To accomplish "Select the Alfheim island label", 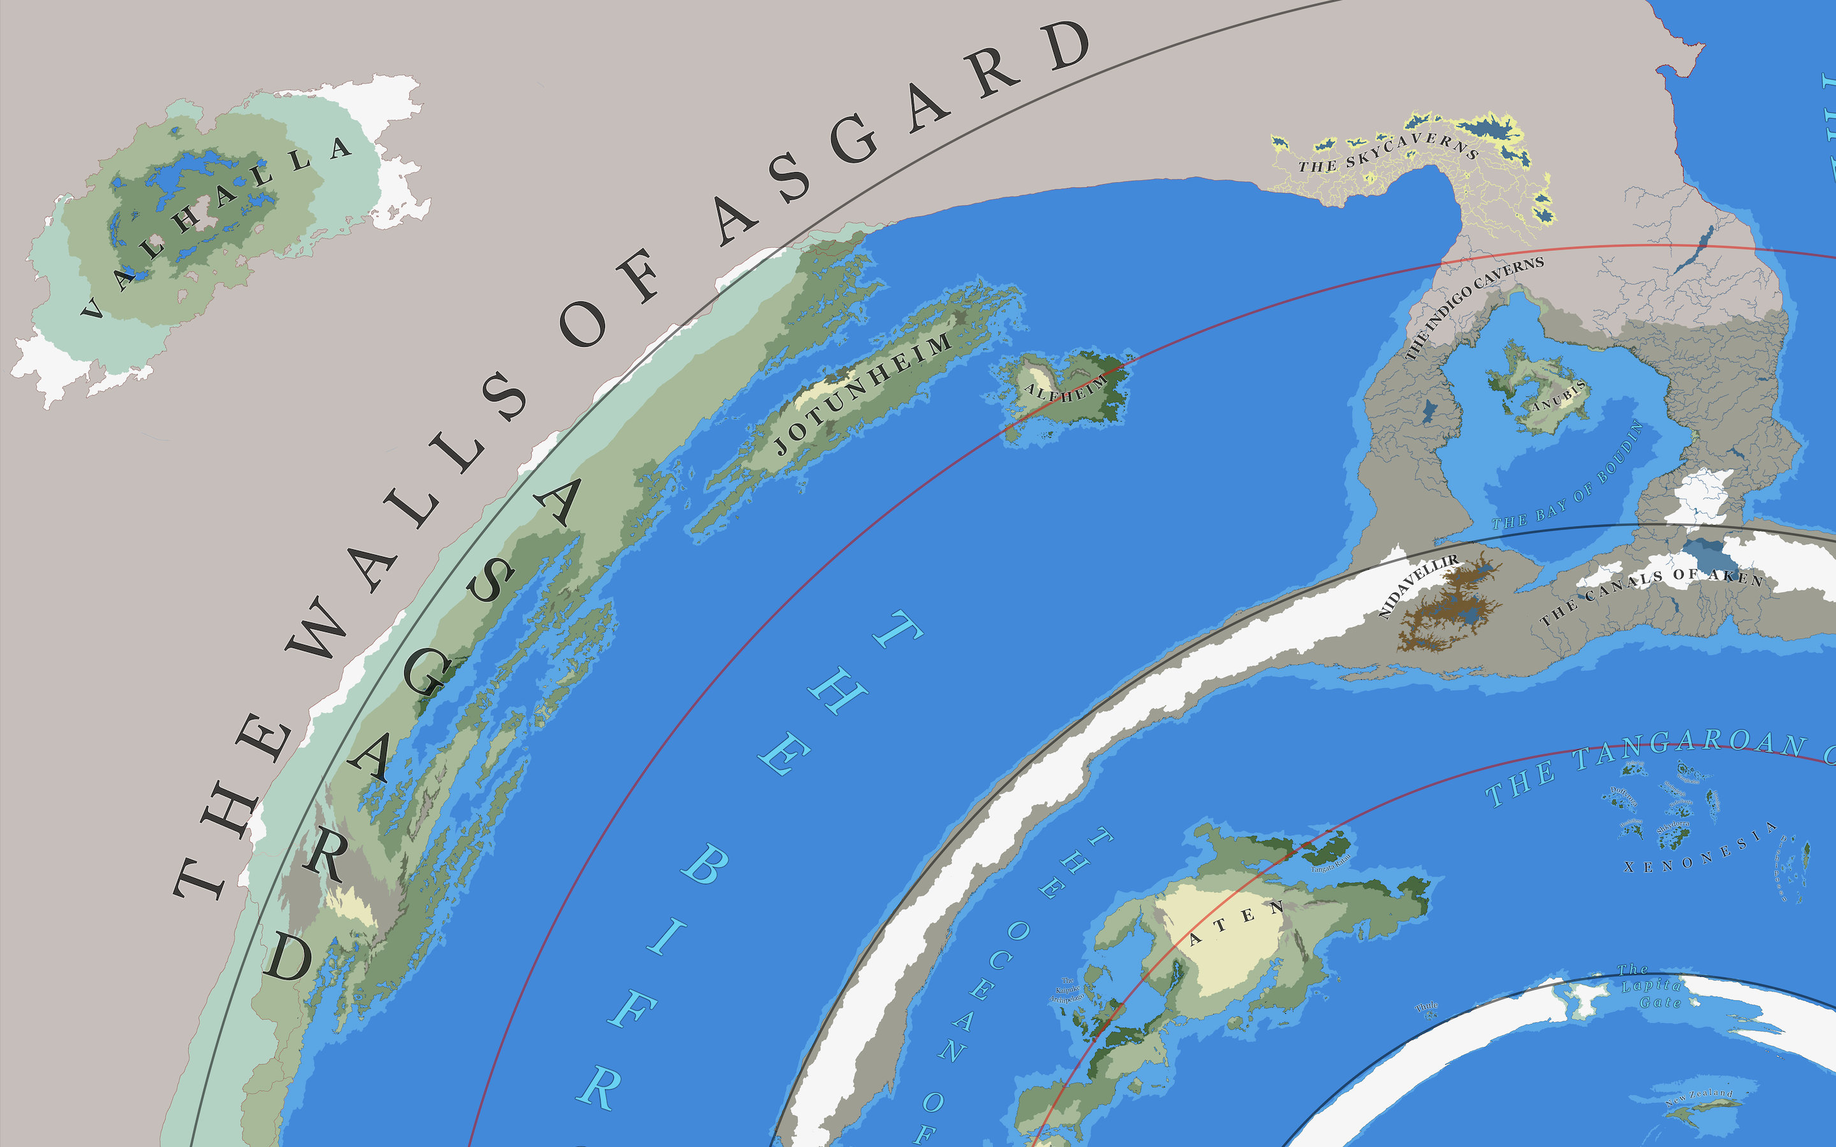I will (1065, 391).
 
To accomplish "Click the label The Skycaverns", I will (1388, 152).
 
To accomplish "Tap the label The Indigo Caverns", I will (1472, 307).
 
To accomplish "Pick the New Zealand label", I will (1700, 1096).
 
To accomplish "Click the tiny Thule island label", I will (1426, 1007).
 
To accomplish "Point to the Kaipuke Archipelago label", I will (1067, 990).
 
